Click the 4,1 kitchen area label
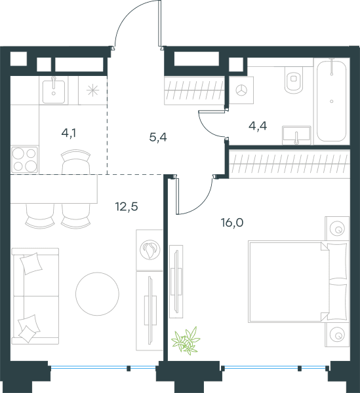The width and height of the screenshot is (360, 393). [68, 134]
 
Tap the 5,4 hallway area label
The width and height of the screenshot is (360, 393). [158, 138]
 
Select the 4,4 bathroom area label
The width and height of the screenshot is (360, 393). [258, 126]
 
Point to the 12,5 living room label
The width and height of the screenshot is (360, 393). [127, 207]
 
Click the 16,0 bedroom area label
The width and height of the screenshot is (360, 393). [232, 223]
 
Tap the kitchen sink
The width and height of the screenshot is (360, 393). [54, 90]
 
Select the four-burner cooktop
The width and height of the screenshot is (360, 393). [24, 160]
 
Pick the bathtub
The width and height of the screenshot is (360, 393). [332, 100]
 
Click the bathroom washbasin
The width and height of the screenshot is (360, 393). [296, 135]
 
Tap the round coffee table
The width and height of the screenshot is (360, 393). [97, 293]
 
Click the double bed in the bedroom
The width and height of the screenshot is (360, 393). [298, 282]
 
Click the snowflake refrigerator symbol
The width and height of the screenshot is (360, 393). [92, 90]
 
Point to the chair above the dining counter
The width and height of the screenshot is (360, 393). [75, 162]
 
